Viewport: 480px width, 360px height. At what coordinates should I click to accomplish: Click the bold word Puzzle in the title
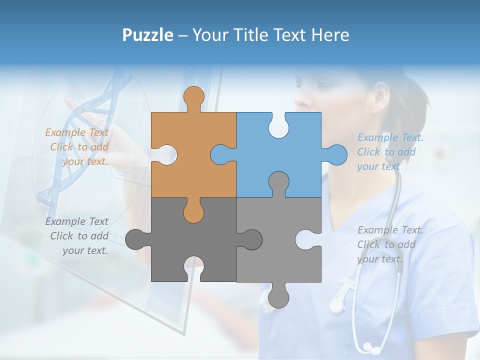148,35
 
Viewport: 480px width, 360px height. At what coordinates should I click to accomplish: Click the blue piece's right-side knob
336,154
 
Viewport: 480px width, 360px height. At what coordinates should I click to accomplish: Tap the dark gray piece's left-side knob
134,239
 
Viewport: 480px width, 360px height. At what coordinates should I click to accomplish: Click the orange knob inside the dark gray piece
193,213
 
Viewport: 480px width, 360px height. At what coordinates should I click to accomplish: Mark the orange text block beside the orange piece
78,147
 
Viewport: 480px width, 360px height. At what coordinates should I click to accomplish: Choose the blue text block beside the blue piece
389,152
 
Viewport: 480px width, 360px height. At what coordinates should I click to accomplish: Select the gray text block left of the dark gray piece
78,236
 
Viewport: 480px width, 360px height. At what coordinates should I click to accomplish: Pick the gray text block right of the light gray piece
389,244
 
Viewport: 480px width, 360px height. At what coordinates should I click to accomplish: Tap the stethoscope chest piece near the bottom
369,346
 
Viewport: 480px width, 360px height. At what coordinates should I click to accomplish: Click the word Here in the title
330,35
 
